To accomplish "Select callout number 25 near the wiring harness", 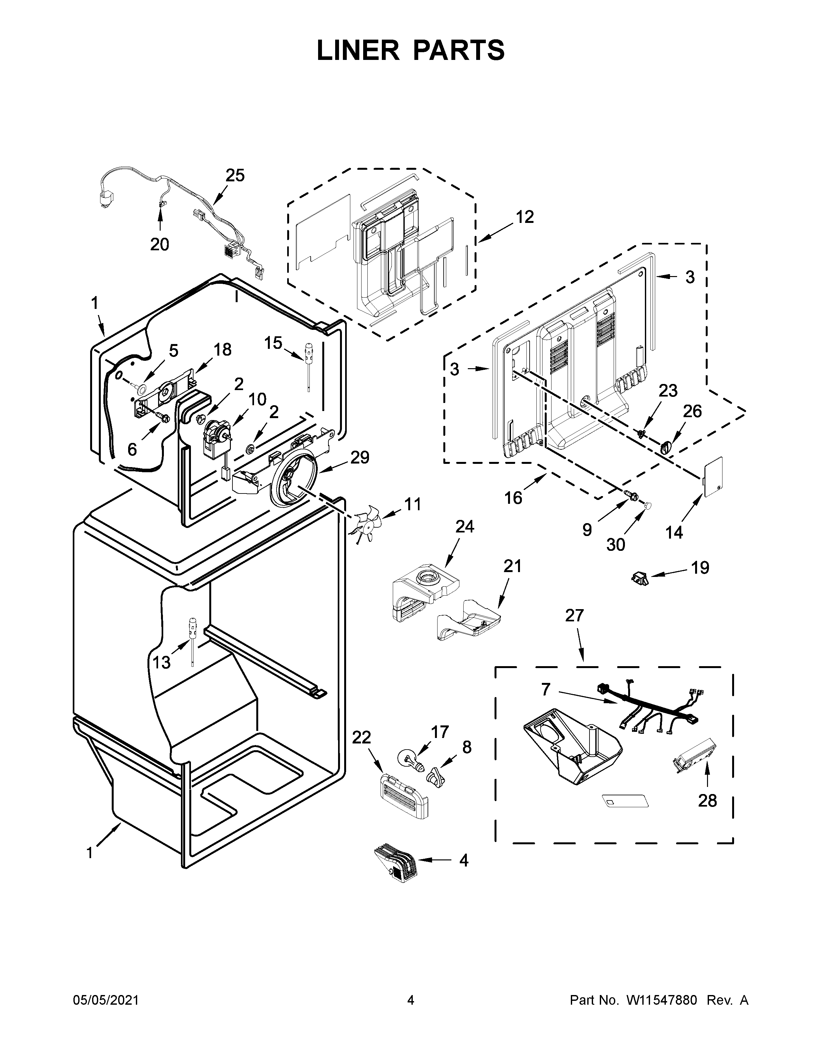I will [235, 175].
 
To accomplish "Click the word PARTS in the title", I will [460, 50].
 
